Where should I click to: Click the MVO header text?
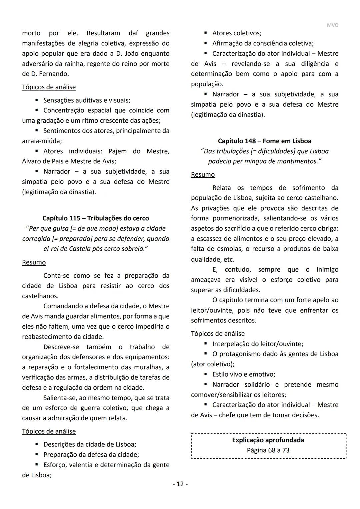(332, 25)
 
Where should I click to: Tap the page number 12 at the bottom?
(180, 484)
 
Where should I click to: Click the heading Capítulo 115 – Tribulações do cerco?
(96, 218)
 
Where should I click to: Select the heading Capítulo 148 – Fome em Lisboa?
(264, 141)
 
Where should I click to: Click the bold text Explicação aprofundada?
(268, 440)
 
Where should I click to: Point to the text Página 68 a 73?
(268, 450)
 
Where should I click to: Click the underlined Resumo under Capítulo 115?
(34, 262)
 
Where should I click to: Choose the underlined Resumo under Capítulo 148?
(203, 175)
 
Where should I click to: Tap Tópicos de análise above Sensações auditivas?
(49, 87)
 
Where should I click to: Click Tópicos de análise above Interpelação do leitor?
(218, 334)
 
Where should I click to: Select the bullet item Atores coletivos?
(237, 33)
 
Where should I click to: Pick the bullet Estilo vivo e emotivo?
(244, 374)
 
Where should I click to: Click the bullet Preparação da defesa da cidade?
(91, 455)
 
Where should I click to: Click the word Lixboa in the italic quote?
(319, 151)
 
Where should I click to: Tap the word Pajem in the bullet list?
(117, 151)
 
